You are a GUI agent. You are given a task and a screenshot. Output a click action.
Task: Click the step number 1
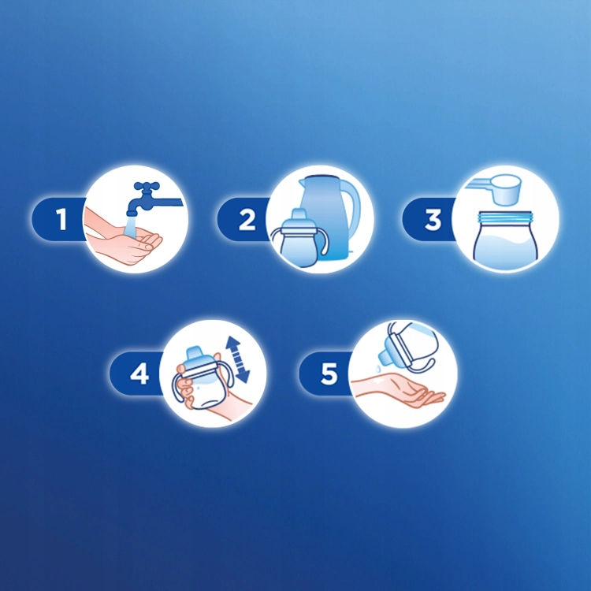point(62,219)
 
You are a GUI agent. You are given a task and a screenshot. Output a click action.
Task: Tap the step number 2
point(247,219)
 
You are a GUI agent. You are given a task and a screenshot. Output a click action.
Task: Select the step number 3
point(433,219)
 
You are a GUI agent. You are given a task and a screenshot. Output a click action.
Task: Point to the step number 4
point(139,373)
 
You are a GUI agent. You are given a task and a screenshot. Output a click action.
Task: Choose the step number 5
point(329,373)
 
